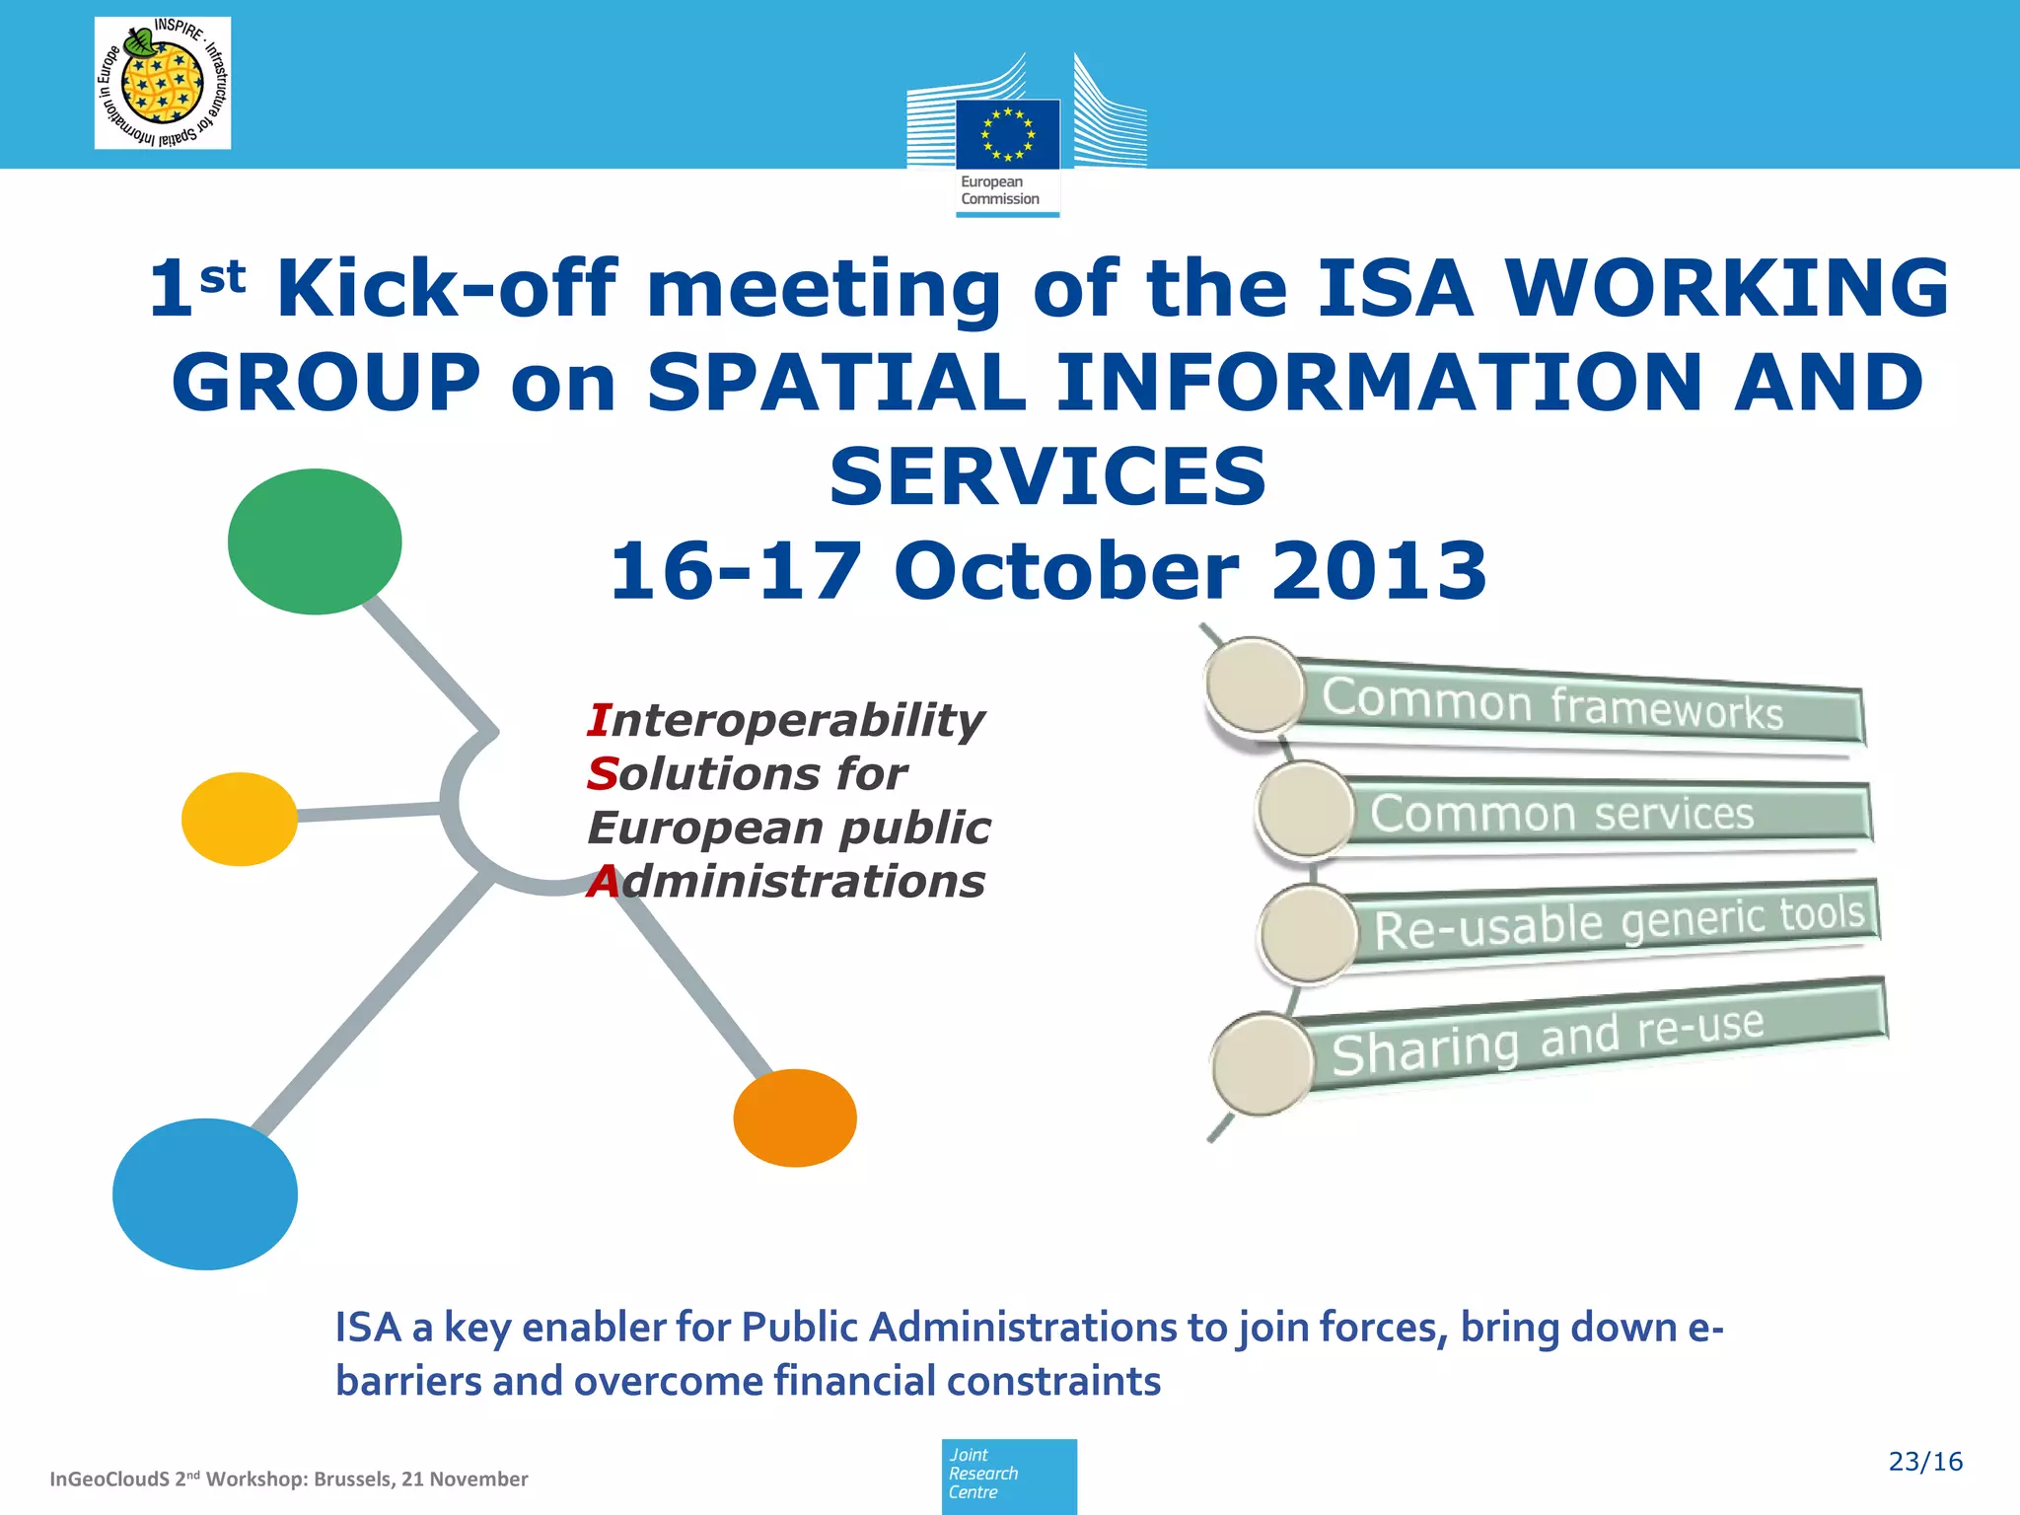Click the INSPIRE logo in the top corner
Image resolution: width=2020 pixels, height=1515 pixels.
point(163,83)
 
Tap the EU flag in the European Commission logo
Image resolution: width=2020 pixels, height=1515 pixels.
point(1007,134)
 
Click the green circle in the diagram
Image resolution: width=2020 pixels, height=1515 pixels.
point(315,541)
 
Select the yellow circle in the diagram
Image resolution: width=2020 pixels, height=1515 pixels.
point(240,819)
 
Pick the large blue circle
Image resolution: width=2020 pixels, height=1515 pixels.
point(205,1193)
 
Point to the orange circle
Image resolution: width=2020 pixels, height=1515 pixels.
point(795,1118)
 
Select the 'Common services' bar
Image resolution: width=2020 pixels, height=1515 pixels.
point(1608,814)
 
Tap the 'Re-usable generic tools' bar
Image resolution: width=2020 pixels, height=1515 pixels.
point(1618,922)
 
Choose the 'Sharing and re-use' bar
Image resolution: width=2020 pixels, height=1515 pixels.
point(1588,1036)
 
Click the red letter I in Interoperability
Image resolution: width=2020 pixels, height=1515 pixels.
point(598,720)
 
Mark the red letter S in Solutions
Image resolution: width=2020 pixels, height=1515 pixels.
point(602,774)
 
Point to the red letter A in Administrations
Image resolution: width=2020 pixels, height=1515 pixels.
point(603,882)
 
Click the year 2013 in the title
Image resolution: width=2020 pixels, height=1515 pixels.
point(1379,571)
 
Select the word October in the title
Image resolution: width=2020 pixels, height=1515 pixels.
point(1066,571)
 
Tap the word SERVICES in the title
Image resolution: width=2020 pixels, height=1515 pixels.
point(1047,476)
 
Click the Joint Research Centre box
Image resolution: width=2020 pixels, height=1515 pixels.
point(1009,1476)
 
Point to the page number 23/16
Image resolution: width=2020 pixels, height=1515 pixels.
point(1925,1462)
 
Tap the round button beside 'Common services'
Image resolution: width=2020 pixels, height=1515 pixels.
point(1305,810)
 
